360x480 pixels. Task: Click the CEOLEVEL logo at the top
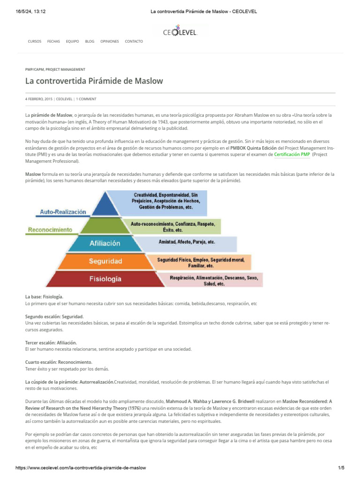180,32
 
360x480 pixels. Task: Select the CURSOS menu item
35,41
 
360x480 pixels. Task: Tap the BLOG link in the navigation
90,41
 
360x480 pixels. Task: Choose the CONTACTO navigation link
134,41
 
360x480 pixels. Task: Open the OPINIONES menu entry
110,41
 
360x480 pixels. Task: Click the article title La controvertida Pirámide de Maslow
94,81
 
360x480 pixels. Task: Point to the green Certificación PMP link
292,154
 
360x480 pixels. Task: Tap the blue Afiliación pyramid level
105,243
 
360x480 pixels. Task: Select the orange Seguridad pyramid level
105,261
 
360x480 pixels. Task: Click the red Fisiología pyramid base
105,278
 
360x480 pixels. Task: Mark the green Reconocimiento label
50,230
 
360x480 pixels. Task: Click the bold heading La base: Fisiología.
44,297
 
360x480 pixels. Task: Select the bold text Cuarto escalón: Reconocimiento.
59,362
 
